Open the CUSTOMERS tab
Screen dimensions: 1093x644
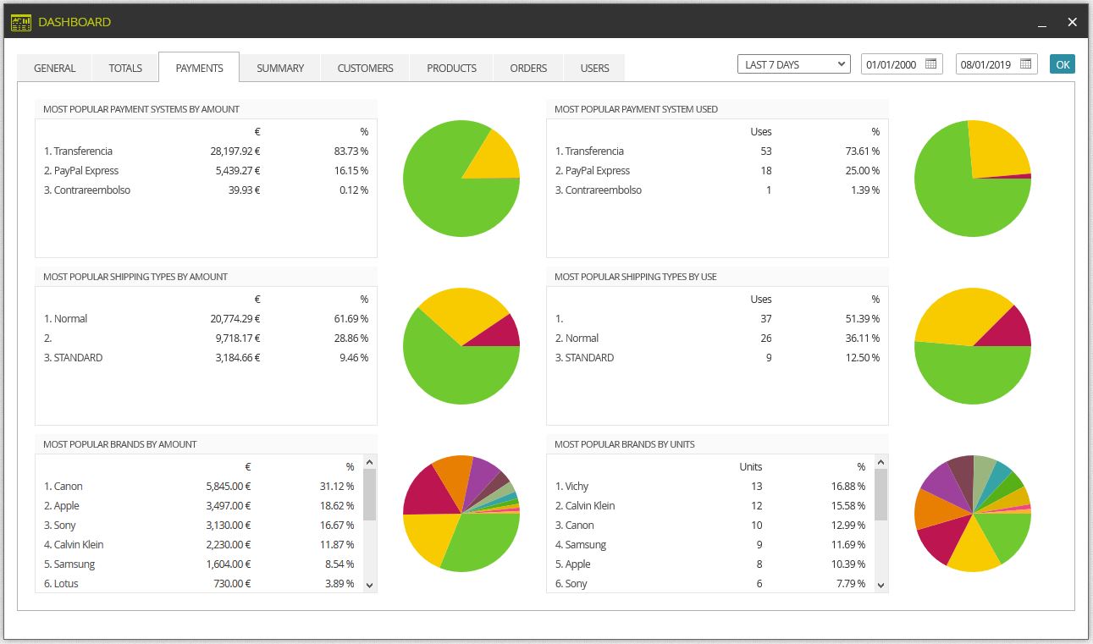click(x=365, y=68)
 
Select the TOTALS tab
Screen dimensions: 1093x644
click(x=125, y=68)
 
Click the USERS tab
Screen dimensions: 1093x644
click(x=594, y=68)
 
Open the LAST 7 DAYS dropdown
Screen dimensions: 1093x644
click(x=794, y=64)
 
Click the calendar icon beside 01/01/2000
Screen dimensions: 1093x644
click(x=930, y=64)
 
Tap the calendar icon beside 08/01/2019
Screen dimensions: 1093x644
click(x=1025, y=64)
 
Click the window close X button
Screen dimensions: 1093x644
click(x=1072, y=22)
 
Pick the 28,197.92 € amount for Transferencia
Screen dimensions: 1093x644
click(x=235, y=151)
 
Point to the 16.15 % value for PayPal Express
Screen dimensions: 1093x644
click(x=351, y=171)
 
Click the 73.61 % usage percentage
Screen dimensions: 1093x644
click(x=862, y=151)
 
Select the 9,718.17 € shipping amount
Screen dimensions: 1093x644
click(x=238, y=339)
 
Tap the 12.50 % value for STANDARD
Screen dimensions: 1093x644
click(x=862, y=358)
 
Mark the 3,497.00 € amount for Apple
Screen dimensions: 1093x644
click(x=229, y=506)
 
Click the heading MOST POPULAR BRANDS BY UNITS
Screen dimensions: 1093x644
click(x=624, y=444)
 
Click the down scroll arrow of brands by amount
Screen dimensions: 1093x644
click(x=369, y=586)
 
